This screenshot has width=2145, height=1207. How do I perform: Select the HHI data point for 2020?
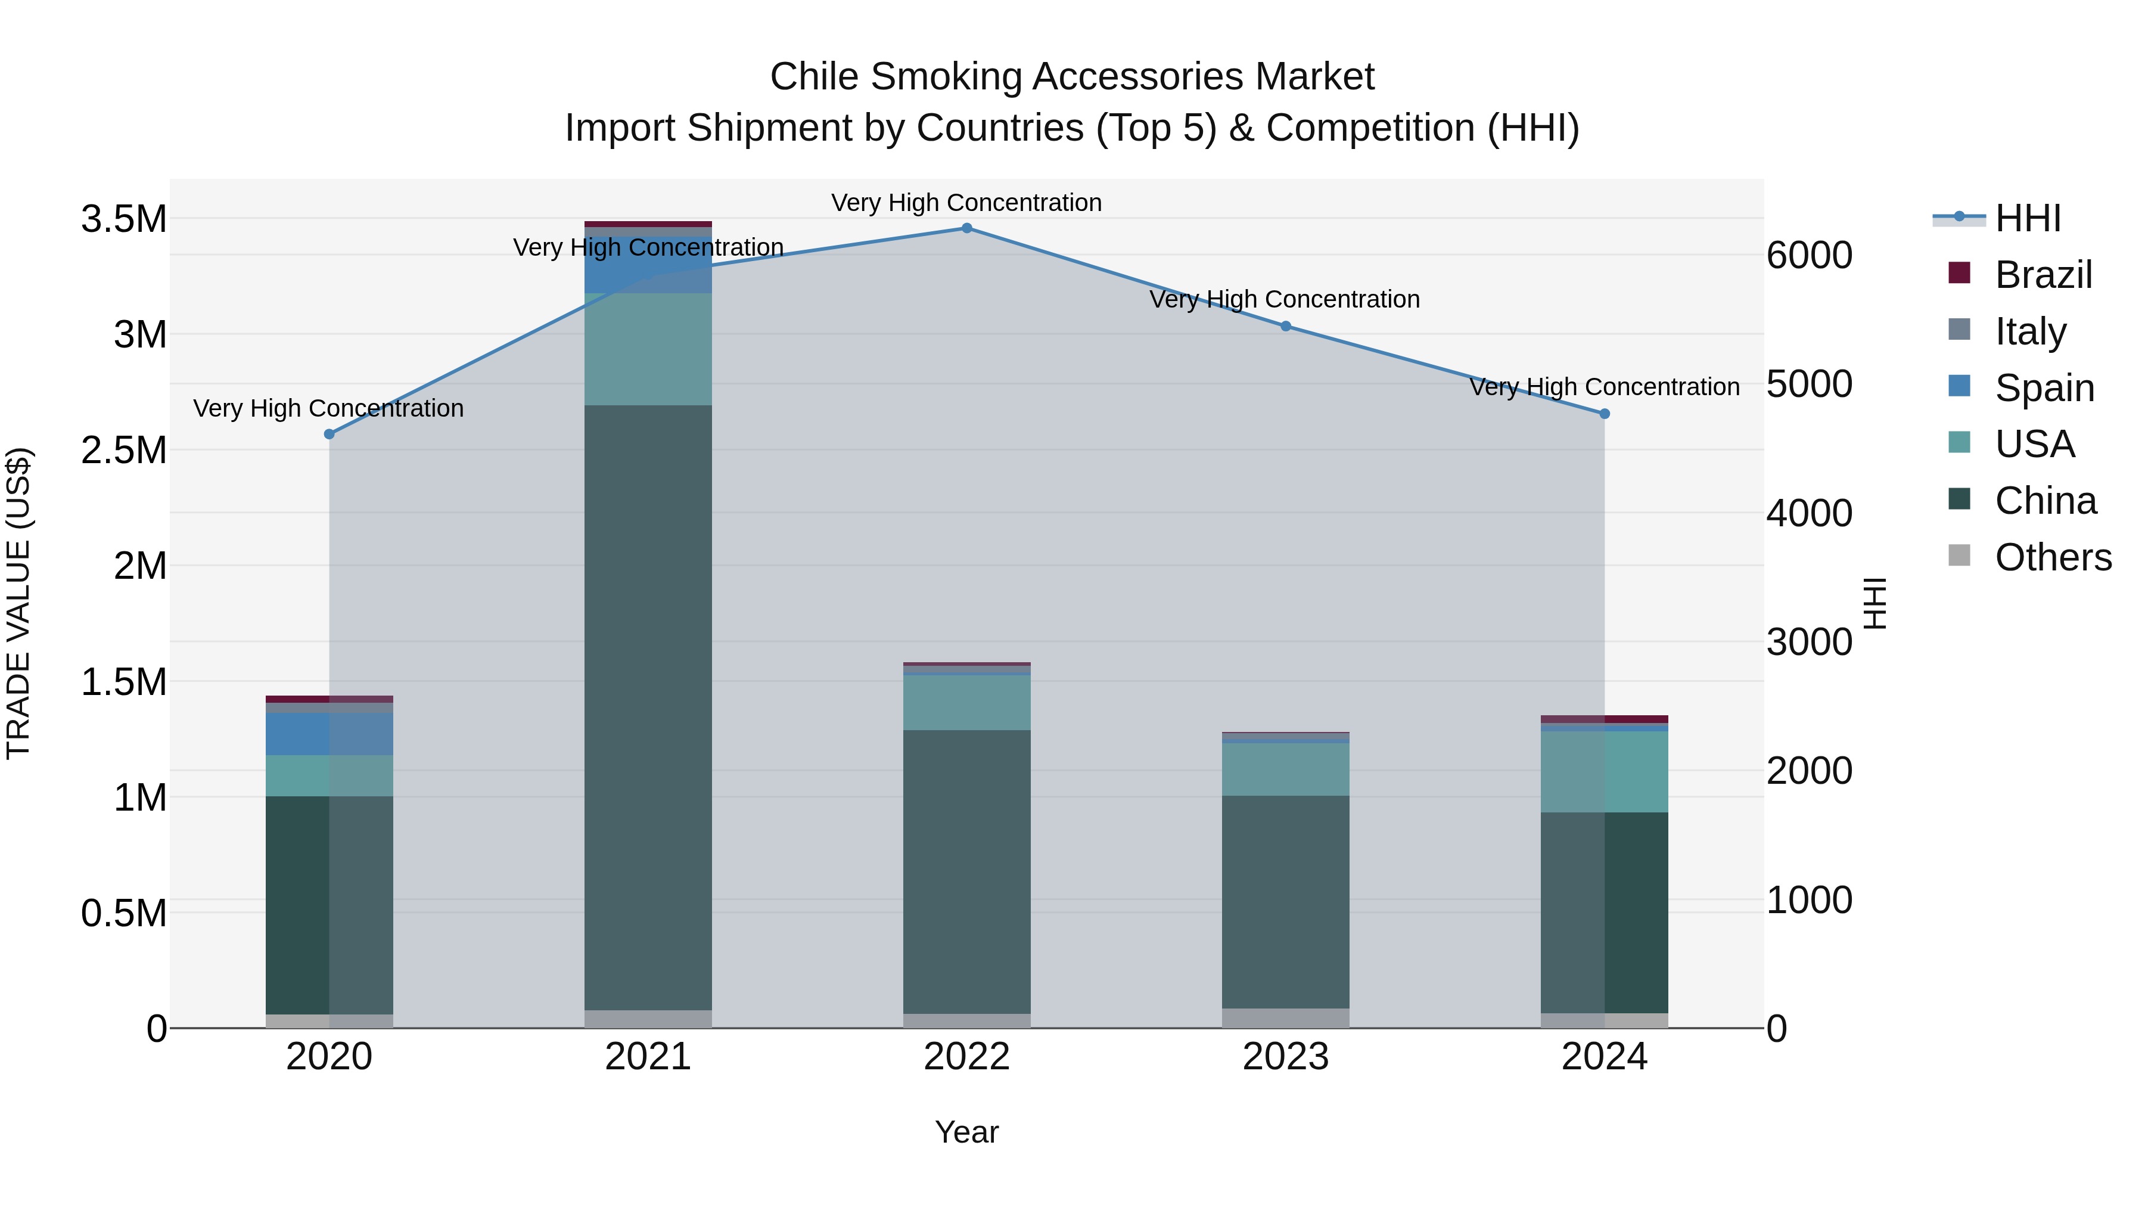[x=329, y=434]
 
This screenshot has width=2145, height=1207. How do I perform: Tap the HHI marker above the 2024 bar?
[x=1605, y=414]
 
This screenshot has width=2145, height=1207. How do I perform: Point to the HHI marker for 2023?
[x=1286, y=327]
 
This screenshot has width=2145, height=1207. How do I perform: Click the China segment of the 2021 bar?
[x=648, y=708]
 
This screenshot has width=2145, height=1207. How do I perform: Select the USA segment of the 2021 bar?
[x=648, y=349]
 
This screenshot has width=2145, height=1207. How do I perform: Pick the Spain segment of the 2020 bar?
[x=329, y=734]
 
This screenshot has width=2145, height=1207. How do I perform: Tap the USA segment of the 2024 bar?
[x=1605, y=771]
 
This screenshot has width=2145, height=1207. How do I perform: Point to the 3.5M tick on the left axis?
[x=123, y=219]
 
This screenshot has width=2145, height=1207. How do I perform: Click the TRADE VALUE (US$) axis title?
[x=19, y=603]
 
